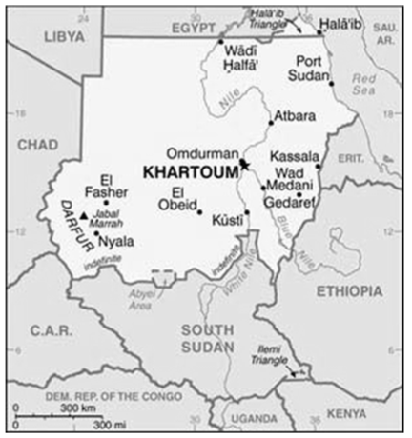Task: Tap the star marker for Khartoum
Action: [245, 165]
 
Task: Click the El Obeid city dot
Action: [199, 210]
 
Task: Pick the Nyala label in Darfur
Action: [116, 241]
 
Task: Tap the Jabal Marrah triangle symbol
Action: [84, 217]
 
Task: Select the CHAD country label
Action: [37, 144]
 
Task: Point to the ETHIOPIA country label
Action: [348, 290]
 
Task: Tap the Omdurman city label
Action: [200, 153]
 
